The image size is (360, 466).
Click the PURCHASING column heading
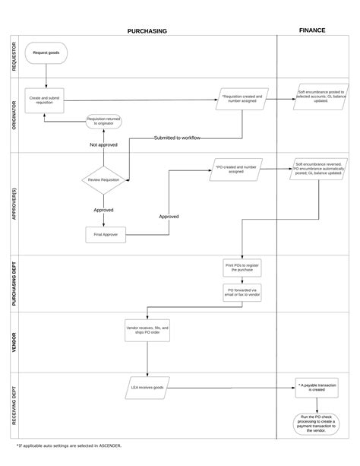click(x=147, y=31)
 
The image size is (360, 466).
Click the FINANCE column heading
click(x=312, y=30)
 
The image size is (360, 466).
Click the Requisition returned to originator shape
click(x=103, y=121)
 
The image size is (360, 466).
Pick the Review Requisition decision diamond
click(x=104, y=180)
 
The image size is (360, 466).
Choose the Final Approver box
click(x=103, y=235)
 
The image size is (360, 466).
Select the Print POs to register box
click(x=242, y=268)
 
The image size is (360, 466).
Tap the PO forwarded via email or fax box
click(x=242, y=293)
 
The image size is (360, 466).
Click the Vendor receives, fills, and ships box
click(x=147, y=330)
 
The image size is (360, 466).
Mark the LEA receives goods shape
click(x=147, y=388)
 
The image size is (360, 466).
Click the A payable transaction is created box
click(x=316, y=388)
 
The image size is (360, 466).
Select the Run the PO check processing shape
click(x=316, y=423)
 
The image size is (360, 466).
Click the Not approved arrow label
click(x=104, y=144)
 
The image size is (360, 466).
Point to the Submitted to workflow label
click(x=178, y=138)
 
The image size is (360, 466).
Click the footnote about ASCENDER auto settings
click(x=68, y=445)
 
